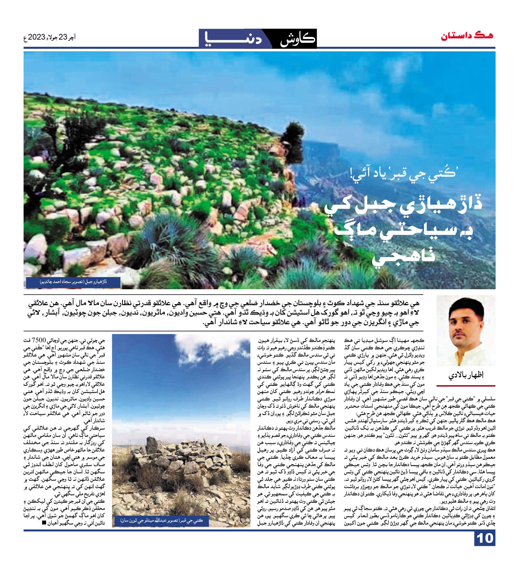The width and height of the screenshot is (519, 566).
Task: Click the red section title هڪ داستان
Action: point(467,36)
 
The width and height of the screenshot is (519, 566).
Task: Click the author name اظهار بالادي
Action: point(466,375)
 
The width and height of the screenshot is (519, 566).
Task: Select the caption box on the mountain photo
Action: point(73,282)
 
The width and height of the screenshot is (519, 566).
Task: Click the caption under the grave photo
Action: point(161,520)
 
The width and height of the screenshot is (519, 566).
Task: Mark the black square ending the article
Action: point(44,523)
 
